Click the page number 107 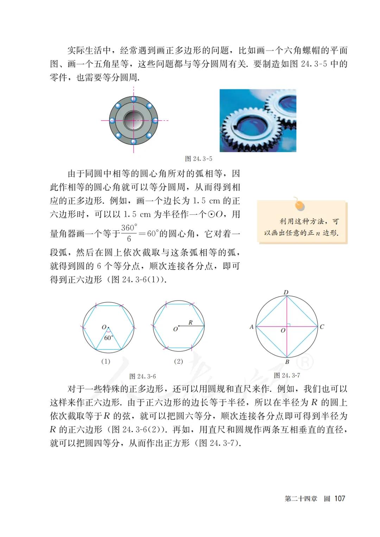pyautogui.click(x=340, y=498)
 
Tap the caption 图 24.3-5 pyautogui.click(x=198, y=159)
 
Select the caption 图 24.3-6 pyautogui.click(x=142, y=376)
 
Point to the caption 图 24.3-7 pyautogui.click(x=287, y=375)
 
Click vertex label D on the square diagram pyautogui.click(x=286, y=292)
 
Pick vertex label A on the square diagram pyautogui.click(x=252, y=327)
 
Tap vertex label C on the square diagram pyautogui.click(x=322, y=327)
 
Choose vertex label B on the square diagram pyautogui.click(x=287, y=362)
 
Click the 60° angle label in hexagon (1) pyautogui.click(x=108, y=338)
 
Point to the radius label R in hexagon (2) pyautogui.click(x=190, y=322)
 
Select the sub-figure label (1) pyautogui.click(x=106, y=361)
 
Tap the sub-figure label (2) pyautogui.click(x=178, y=361)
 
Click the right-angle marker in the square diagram pyautogui.click(x=289, y=325)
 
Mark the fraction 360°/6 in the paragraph pyautogui.click(x=129, y=233)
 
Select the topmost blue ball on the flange pyautogui.click(x=134, y=99)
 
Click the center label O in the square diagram pyautogui.click(x=283, y=331)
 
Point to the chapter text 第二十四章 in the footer pyautogui.click(x=301, y=499)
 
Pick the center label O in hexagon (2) pyautogui.click(x=175, y=329)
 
